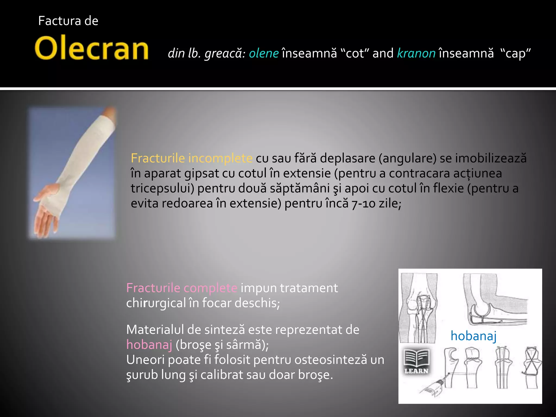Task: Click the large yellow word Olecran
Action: click(x=91, y=48)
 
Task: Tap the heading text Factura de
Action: click(x=68, y=21)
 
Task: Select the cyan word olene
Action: click(x=264, y=53)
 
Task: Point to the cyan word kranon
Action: click(x=416, y=53)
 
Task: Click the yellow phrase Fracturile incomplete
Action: click(x=192, y=158)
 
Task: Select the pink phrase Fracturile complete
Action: click(x=182, y=288)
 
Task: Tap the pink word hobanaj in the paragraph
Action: click(x=149, y=345)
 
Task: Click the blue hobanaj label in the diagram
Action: click(x=473, y=336)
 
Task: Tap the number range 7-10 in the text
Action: click(x=364, y=204)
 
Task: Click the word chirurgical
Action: click(x=156, y=303)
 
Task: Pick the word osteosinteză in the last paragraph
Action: click(x=332, y=360)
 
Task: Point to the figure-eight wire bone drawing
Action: click(x=531, y=367)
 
